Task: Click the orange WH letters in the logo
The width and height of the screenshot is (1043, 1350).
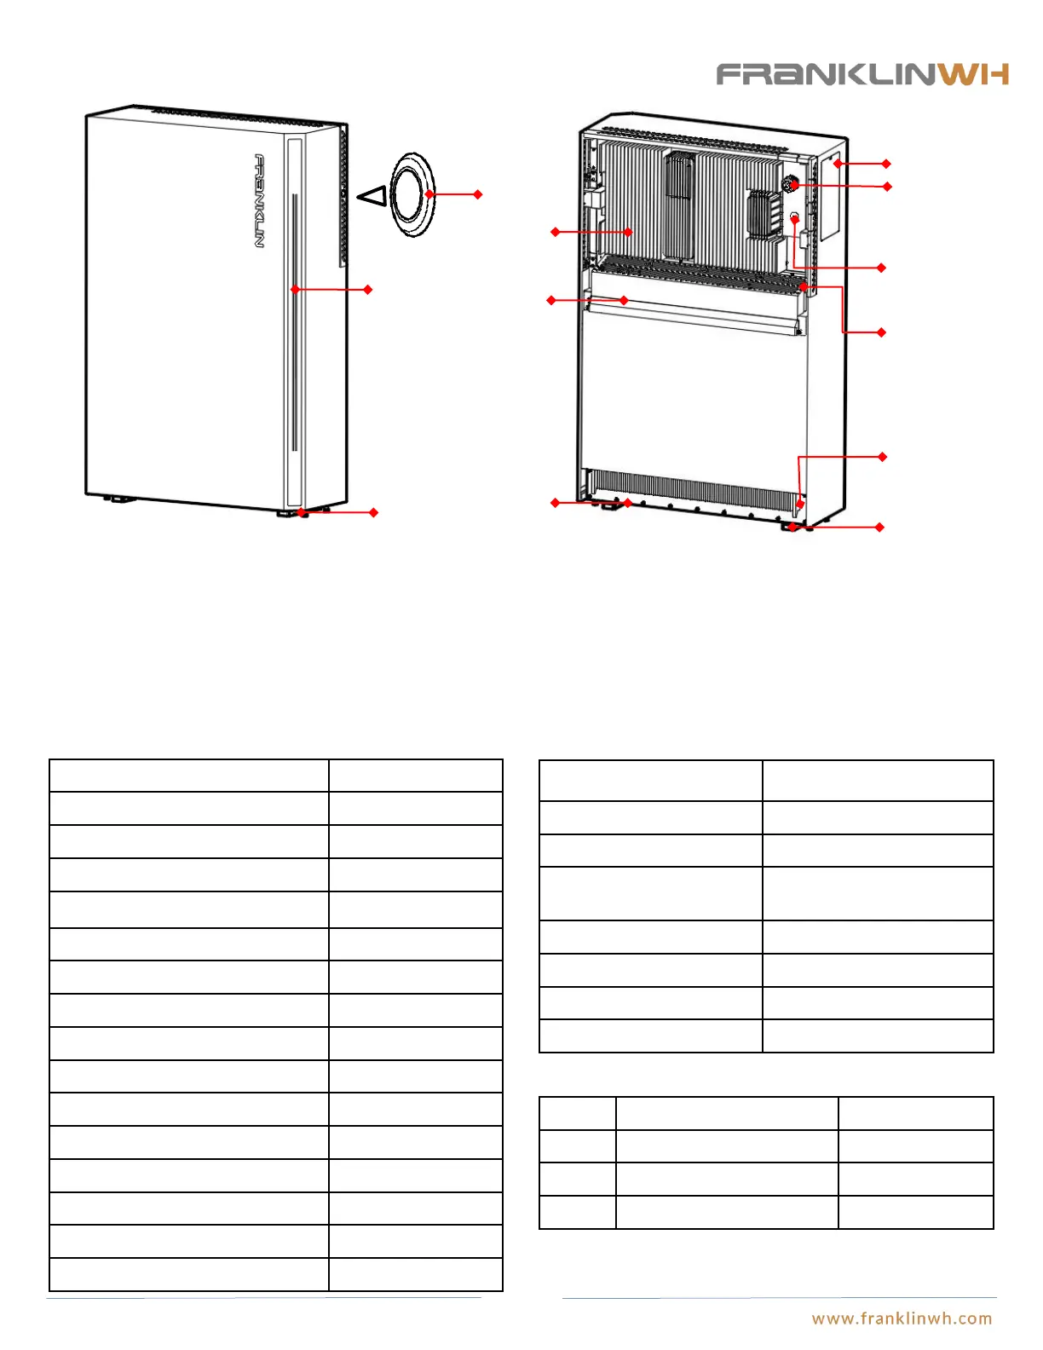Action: tap(975, 75)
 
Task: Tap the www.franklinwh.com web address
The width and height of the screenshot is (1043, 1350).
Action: tap(902, 1318)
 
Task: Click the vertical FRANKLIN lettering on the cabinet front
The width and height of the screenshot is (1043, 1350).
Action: tap(259, 201)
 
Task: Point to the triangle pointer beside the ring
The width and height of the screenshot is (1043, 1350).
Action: tap(372, 196)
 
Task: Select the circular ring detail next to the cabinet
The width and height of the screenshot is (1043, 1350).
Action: tap(413, 194)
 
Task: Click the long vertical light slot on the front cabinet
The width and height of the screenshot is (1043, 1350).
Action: tap(295, 324)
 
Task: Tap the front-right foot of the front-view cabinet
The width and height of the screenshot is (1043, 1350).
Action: tap(290, 513)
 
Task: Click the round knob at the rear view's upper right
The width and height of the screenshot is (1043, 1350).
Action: tap(790, 184)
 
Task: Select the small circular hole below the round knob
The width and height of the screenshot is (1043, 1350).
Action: tap(794, 216)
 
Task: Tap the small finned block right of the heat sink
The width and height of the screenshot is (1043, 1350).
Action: tap(764, 213)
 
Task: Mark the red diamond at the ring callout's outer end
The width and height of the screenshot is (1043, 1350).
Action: tap(478, 194)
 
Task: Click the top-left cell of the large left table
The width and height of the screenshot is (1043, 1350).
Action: tap(188, 776)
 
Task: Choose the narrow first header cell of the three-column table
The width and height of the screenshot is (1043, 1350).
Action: tap(577, 1113)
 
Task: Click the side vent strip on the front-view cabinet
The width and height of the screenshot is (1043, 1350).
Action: tap(343, 196)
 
